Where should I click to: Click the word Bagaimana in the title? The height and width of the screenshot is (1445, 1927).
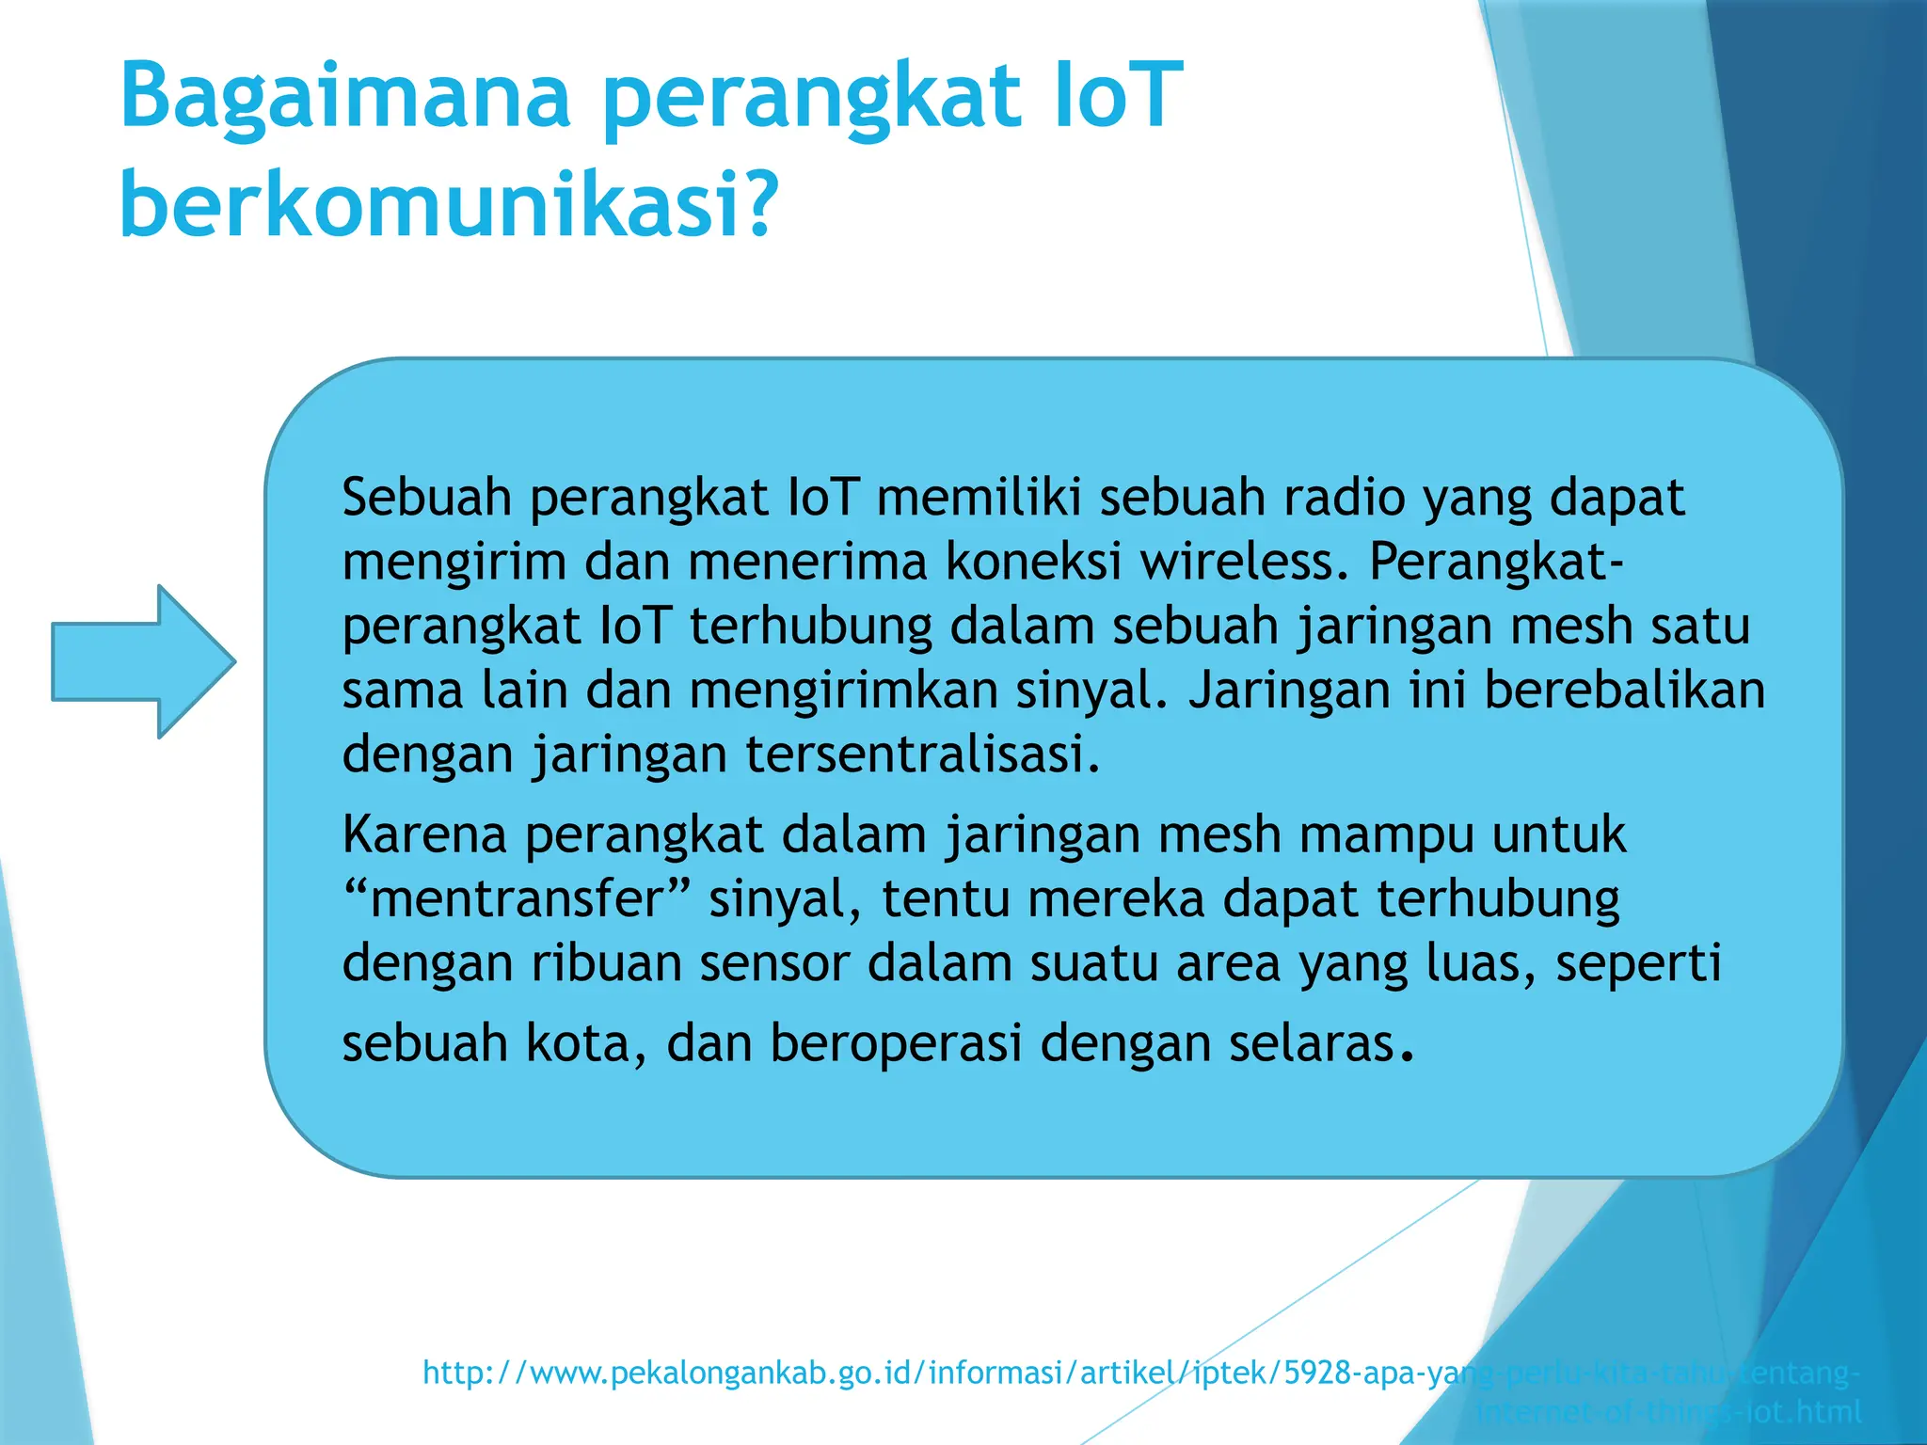tap(345, 96)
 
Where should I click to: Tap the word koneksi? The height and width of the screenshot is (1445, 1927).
tap(1032, 562)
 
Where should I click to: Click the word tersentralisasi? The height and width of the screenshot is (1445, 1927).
tap(922, 754)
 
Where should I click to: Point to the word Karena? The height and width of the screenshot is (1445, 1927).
tap(424, 834)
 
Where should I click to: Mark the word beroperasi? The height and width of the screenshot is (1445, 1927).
tap(896, 1043)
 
